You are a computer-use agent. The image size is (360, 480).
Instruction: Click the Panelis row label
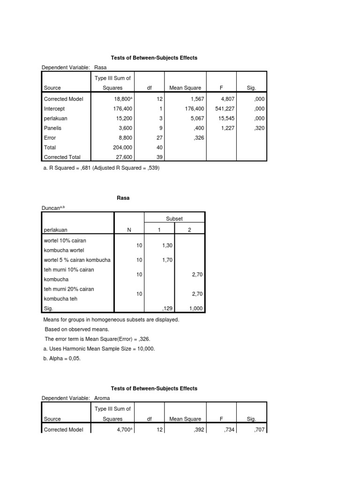pyautogui.click(x=52, y=128)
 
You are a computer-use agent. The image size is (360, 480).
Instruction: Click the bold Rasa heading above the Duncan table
pyautogui.click(x=123, y=198)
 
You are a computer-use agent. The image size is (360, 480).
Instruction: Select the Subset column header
pyautogui.click(x=174, y=218)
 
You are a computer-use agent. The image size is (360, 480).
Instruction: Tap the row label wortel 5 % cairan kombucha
pyautogui.click(x=77, y=260)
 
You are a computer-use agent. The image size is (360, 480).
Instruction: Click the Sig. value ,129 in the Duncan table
pyautogui.click(x=168, y=309)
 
